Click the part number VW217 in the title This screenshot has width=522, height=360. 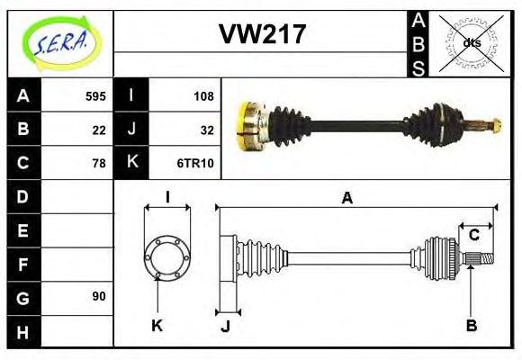tap(262, 35)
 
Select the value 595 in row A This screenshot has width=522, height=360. tap(95, 96)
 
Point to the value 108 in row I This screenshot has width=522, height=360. tap(203, 96)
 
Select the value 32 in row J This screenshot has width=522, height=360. tap(207, 130)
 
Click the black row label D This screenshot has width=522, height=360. tap(22, 196)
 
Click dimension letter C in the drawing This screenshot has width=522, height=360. tap(473, 236)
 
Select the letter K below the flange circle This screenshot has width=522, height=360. tap(157, 325)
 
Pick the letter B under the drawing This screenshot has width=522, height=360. tap(471, 325)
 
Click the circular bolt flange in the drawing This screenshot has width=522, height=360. tap(166, 257)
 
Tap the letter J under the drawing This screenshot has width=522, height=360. tap(225, 325)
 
